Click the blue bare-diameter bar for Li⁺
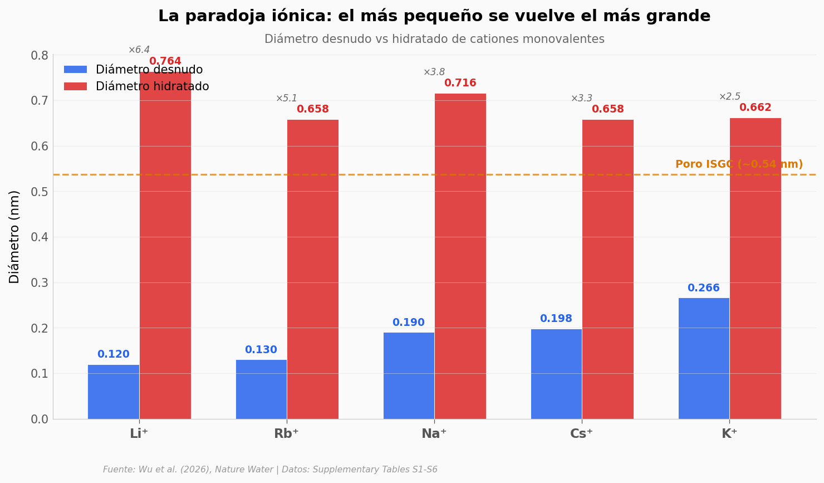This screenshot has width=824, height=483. (114, 392)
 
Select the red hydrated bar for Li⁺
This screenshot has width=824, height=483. (165, 245)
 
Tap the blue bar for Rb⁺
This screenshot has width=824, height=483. (261, 389)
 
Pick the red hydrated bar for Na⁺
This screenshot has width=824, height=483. (460, 256)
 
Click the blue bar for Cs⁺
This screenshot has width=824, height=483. (556, 374)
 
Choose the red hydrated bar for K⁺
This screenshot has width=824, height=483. (756, 269)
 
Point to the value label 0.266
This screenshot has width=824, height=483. (703, 288)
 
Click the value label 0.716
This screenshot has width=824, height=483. (460, 83)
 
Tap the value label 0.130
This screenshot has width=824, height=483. (261, 350)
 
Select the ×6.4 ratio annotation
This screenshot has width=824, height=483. (139, 50)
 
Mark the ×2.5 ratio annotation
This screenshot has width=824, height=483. (729, 97)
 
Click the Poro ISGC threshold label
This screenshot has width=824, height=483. (739, 164)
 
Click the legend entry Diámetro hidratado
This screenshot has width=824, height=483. (152, 86)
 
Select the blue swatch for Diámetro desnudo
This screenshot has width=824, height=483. (75, 70)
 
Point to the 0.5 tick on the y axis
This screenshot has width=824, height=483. (40, 192)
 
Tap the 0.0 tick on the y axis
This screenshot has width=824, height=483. (40, 419)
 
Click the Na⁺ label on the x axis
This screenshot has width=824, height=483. (434, 434)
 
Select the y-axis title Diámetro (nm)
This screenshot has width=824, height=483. (14, 237)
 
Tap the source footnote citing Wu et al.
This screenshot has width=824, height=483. (270, 470)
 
